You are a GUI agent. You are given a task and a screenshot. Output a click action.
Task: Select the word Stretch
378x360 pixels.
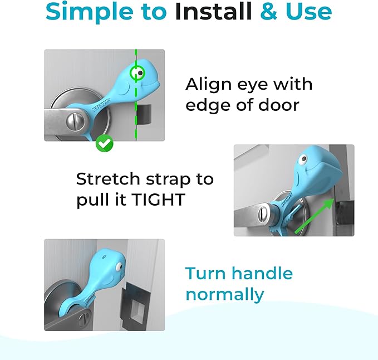(x=106, y=179)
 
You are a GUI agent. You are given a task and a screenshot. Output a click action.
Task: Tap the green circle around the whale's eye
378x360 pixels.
(x=137, y=73)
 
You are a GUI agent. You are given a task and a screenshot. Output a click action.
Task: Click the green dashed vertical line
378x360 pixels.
(x=135, y=111)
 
